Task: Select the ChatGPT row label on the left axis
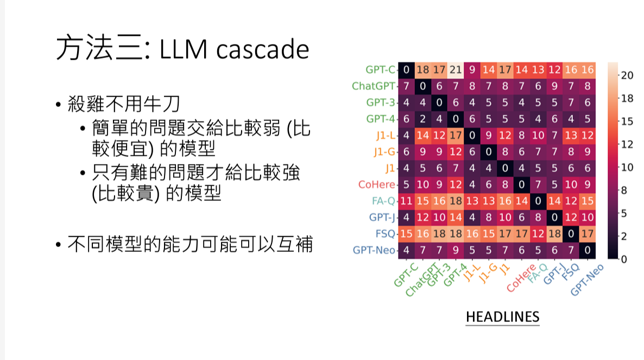click(373, 86)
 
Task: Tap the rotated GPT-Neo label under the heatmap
click(587, 279)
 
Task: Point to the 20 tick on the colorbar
click(627, 76)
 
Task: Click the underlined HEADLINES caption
click(502, 317)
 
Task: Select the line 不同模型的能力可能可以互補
click(190, 244)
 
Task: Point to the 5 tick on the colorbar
click(624, 213)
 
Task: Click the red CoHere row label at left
click(377, 185)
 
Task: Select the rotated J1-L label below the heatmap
click(472, 274)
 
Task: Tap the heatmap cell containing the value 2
click(422, 119)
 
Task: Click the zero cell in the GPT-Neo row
click(586, 250)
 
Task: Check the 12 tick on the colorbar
click(627, 144)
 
